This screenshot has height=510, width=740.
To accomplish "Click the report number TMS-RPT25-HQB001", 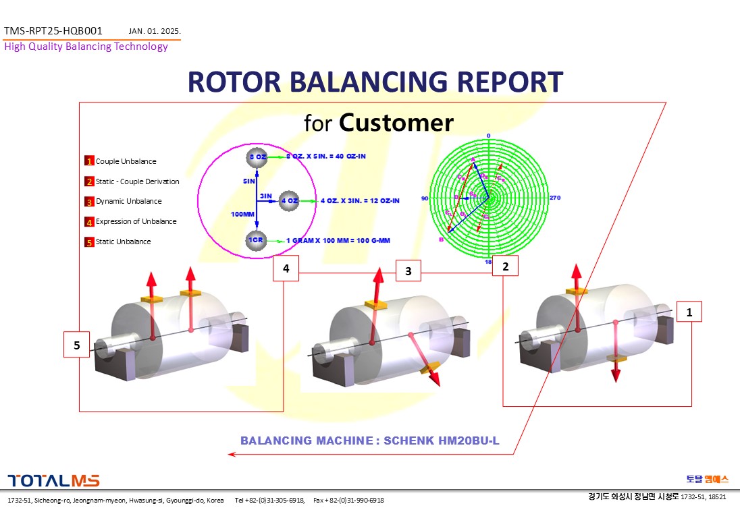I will tap(53, 31).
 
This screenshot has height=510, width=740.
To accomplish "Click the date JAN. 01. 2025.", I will tap(155, 31).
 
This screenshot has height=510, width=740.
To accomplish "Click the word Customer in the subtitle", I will tap(396, 123).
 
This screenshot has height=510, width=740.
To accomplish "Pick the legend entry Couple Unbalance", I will tap(126, 161).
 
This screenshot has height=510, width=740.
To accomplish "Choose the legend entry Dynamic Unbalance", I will tap(128, 201).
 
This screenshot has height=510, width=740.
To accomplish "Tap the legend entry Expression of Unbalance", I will tap(136, 221).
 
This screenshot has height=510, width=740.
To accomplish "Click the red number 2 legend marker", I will tap(89, 181).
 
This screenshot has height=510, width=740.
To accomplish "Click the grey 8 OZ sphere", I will tap(257, 157).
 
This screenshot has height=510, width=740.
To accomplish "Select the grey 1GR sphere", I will tap(257, 241).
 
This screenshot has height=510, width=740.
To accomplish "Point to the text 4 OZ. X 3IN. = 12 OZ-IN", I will tap(359, 200).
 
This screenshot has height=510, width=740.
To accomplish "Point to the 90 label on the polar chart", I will tap(425, 198).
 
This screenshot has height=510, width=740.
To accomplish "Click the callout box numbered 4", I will tap(286, 268).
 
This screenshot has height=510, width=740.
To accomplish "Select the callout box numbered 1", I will tap(689, 312).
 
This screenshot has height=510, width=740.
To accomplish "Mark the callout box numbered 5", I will tap(77, 345).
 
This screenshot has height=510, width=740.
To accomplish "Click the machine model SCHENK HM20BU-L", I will tap(442, 441).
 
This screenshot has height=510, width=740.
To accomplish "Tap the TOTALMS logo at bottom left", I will tap(53, 480).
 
